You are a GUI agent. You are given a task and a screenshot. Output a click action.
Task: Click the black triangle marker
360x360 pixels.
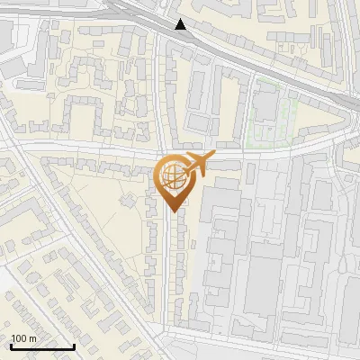181,24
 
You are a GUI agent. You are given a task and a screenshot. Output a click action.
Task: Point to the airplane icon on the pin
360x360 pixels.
198,164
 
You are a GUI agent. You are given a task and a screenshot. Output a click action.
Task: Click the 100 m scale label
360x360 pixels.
23,338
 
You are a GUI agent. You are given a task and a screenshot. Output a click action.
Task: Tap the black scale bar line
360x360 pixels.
42,346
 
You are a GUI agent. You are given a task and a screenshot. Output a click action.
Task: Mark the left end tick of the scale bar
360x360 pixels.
11,345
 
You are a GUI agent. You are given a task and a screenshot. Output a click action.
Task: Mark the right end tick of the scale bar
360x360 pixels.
74,345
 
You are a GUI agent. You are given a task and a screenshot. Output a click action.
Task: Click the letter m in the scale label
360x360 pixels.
33,338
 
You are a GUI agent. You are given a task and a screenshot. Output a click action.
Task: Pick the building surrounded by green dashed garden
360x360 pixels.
266,106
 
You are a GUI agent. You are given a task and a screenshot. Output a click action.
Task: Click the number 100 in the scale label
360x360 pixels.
19,338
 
